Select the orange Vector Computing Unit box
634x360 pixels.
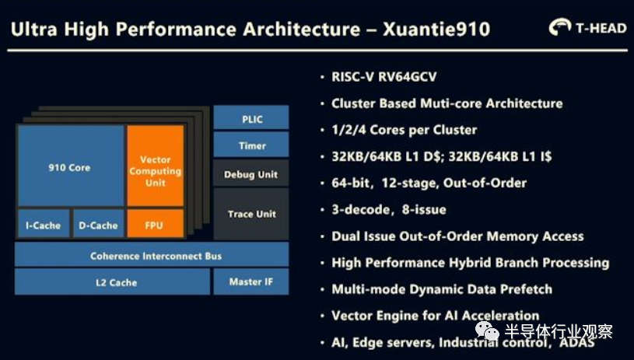pos(156,166)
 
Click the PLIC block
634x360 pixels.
pos(251,117)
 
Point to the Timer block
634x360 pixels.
pos(251,145)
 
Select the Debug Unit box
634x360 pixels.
pos(251,173)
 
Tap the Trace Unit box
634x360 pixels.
pos(251,214)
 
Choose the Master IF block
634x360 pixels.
pos(251,281)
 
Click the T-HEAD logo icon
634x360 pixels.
pos(560,27)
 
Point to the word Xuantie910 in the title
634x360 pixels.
pos(436,29)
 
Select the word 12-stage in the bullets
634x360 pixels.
pos(409,183)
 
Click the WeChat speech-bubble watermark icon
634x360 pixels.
pos(487,330)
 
